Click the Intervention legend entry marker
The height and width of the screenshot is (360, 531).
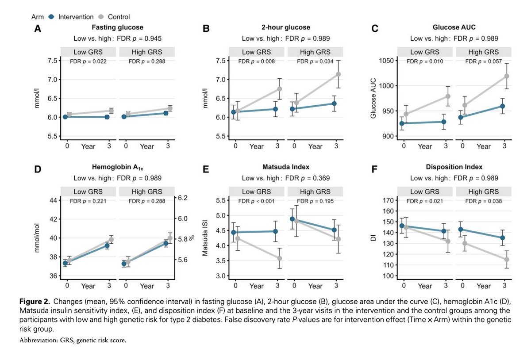51,17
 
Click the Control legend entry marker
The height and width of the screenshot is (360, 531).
101,17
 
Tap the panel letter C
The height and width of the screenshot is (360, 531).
375,30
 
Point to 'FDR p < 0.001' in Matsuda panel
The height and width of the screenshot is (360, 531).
256,201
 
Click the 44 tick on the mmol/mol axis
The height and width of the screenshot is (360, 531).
54,200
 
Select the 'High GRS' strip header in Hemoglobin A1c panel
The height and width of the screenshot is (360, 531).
147,191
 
